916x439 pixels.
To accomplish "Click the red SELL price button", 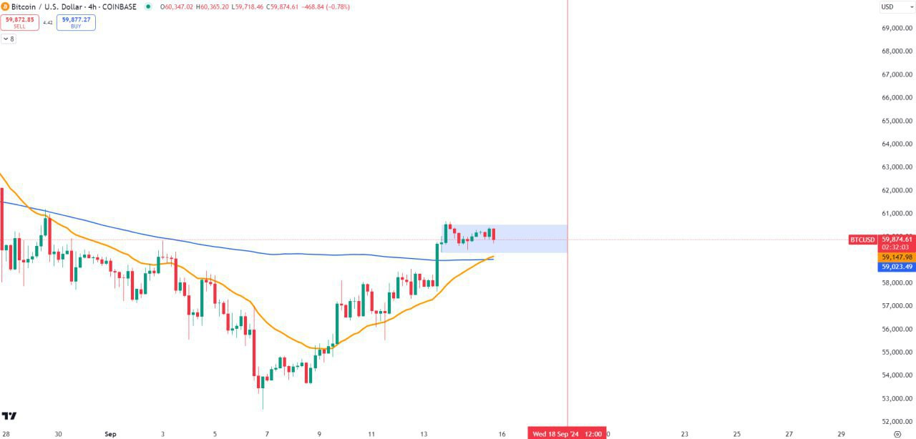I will tap(19, 22).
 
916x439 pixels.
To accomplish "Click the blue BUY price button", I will tap(76, 22).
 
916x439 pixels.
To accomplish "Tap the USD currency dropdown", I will tap(896, 7).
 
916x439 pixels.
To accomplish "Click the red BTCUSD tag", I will tap(862, 240).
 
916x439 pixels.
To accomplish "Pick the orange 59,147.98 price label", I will tap(897, 257).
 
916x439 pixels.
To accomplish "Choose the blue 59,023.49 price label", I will tap(897, 267).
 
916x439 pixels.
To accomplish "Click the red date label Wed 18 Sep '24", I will tap(556, 433).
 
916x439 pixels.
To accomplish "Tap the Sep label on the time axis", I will tap(110, 433).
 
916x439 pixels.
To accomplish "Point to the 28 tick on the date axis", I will tap(6, 433).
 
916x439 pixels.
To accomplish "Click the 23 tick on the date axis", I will tap(685, 433).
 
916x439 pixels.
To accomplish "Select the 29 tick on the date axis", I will tap(842, 433).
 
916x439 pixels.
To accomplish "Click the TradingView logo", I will tap(9, 415).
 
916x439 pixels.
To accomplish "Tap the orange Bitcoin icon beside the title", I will tap(5, 6).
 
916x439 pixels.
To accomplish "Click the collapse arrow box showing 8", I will tap(8, 39).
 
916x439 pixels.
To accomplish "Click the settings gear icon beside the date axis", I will tap(897, 433).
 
